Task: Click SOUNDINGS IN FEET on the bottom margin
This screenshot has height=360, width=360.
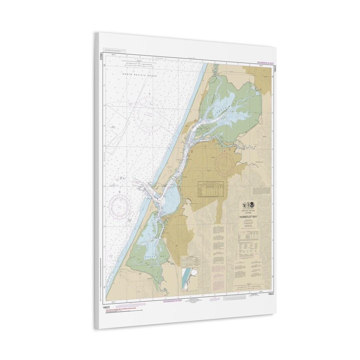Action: pos(172,301)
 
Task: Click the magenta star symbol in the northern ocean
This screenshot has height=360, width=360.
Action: pos(150,93)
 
